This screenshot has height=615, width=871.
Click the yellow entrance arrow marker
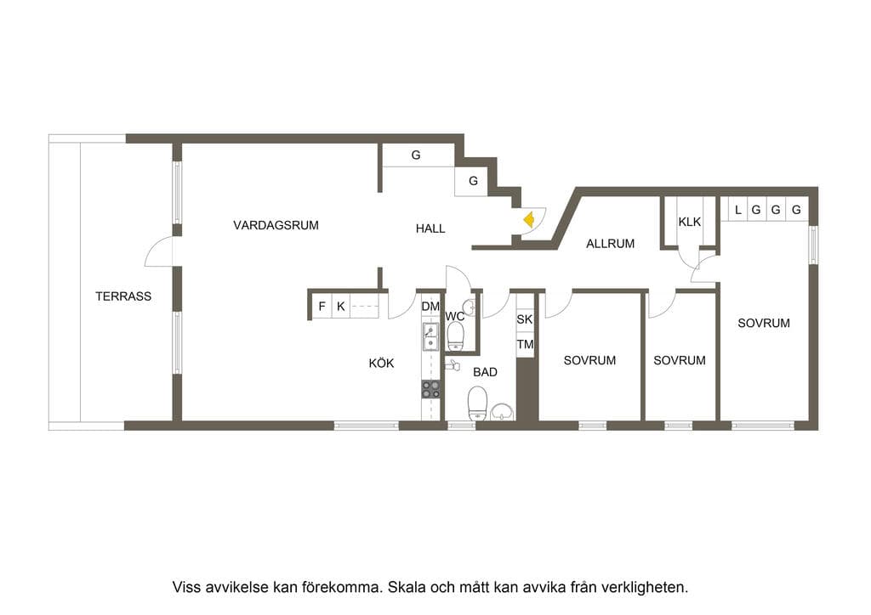point(529,220)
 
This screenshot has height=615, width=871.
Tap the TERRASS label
point(123,296)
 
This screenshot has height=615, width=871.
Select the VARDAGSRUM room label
point(276,225)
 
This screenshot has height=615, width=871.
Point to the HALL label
point(430,228)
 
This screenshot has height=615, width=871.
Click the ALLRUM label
point(611,244)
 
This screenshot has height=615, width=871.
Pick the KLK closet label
point(689,222)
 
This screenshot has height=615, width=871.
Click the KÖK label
point(382,364)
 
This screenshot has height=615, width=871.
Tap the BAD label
point(485,372)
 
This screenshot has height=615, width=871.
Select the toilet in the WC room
point(456,337)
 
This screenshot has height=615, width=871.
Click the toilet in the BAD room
point(478,403)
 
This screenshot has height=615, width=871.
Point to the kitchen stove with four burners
point(430,389)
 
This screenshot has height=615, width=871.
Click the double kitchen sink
point(430,337)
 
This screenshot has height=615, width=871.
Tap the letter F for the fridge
point(322,306)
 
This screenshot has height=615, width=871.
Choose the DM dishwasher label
point(430,306)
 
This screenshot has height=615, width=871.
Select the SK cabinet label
point(524,319)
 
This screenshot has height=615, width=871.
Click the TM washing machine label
point(525,344)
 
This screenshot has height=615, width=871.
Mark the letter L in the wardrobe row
point(737,210)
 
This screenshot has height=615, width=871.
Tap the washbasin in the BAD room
point(503,411)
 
